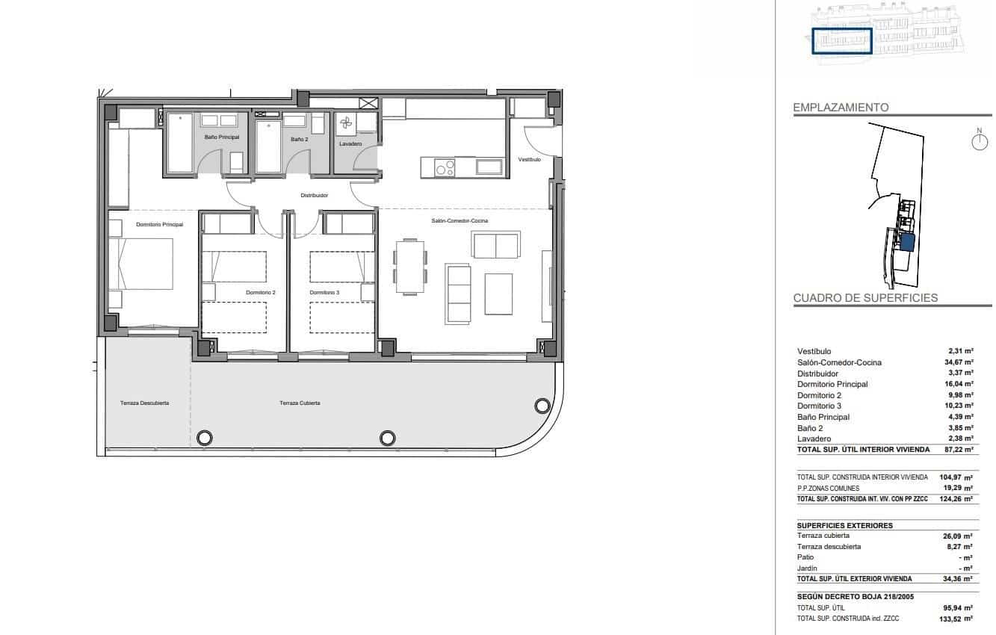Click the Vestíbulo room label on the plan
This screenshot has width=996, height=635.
coord(529,159)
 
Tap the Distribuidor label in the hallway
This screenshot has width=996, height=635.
coord(314,195)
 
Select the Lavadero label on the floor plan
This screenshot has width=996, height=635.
coord(350,143)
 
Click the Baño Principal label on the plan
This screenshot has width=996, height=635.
coord(221,137)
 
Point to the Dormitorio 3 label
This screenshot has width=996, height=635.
coord(324,292)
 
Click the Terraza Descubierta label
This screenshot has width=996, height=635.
coord(144,403)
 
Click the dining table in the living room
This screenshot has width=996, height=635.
coord(410,267)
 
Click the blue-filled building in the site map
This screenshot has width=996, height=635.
coord(907,242)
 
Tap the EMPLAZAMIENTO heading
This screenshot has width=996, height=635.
coord(841,108)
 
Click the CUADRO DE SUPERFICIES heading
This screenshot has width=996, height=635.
coord(864,297)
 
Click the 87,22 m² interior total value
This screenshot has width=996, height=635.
coord(958,450)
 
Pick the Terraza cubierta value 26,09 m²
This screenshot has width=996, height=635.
coord(958,536)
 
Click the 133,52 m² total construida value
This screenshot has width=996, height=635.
coord(956,619)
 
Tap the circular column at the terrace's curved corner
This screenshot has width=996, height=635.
coord(542,406)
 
